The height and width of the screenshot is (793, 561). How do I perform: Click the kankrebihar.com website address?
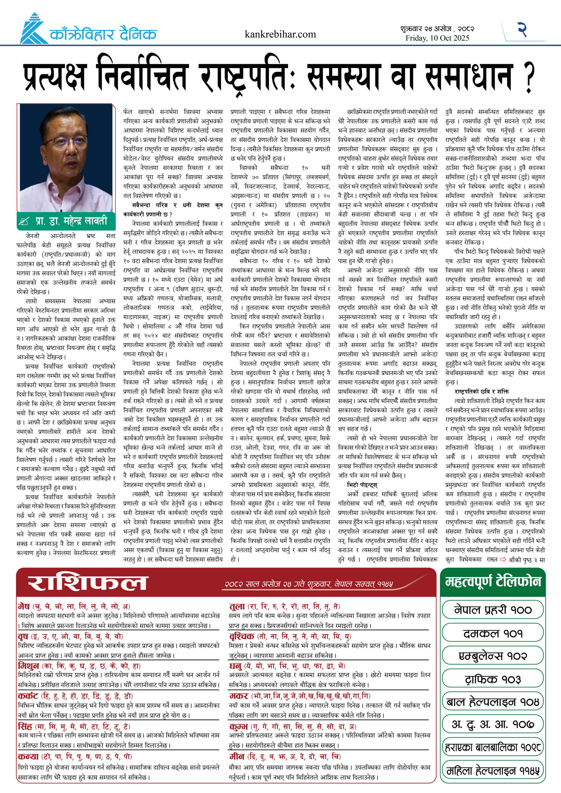pos(280,34)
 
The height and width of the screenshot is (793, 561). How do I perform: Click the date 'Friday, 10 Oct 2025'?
pos(437,38)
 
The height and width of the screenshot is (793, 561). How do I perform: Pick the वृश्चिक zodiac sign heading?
pos(242,636)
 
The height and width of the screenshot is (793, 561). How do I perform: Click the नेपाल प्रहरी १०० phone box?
pos(493,610)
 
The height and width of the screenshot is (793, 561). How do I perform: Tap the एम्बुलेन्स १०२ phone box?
pos(493,656)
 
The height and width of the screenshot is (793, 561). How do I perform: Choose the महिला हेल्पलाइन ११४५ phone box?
pos(493,771)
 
